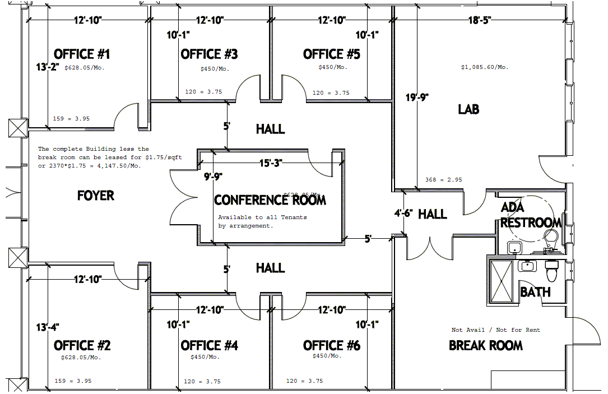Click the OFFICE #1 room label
(x=82, y=54)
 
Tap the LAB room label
(x=468, y=109)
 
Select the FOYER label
(x=96, y=196)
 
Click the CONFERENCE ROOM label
(x=270, y=200)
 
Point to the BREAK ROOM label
(x=486, y=345)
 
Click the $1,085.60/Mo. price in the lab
(x=485, y=67)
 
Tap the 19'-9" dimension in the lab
(x=417, y=98)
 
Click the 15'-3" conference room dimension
(x=270, y=163)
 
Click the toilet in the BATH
(x=552, y=272)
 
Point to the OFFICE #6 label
(x=331, y=346)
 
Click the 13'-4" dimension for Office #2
(x=48, y=327)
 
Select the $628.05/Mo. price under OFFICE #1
(x=85, y=68)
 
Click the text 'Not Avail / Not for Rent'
(x=496, y=330)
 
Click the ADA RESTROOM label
(x=530, y=215)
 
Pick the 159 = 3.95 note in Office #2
(x=73, y=381)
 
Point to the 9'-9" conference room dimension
(x=213, y=177)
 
